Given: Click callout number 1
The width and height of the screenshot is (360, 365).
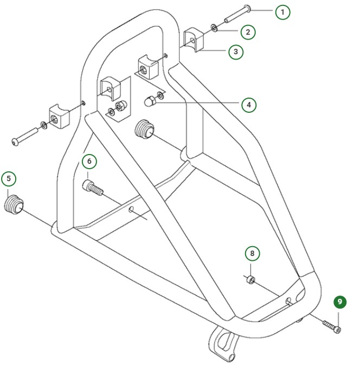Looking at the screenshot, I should pyautogui.click(x=282, y=12).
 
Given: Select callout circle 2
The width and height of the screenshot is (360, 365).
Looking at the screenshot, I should pyautogui.click(x=248, y=32).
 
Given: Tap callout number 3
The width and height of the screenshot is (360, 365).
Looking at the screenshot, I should pyautogui.click(x=235, y=52).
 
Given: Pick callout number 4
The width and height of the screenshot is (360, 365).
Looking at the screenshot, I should pyautogui.click(x=249, y=105).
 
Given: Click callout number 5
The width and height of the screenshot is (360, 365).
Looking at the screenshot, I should pyautogui.click(x=9, y=178).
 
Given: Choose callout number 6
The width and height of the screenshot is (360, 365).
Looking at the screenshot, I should pyautogui.click(x=89, y=161).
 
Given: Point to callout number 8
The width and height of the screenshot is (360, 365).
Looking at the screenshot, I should pyautogui.click(x=252, y=253).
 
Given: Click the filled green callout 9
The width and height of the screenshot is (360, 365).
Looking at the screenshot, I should pyautogui.click(x=340, y=302).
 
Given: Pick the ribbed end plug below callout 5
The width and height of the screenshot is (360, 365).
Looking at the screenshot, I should pyautogui.click(x=15, y=204).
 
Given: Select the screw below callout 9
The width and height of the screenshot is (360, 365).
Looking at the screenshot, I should pyautogui.click(x=331, y=326).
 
